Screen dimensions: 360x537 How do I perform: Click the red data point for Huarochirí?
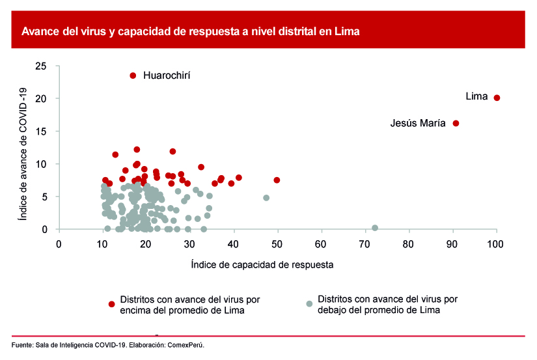click(x=133, y=76)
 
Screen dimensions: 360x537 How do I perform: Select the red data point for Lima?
click(x=497, y=98)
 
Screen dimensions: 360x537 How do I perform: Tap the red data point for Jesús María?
click(x=456, y=123)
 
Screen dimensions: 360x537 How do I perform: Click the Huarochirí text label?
click(x=167, y=76)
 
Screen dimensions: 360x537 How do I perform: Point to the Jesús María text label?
click(x=418, y=122)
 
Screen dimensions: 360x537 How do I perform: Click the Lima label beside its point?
click(x=476, y=96)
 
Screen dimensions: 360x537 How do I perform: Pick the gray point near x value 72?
click(x=375, y=228)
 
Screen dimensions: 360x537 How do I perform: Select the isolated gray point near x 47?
click(x=266, y=198)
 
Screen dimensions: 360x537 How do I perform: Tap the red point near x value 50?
click(x=277, y=180)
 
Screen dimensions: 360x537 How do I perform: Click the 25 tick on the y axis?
click(x=41, y=66)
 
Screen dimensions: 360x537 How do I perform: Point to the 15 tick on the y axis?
click(x=41, y=132)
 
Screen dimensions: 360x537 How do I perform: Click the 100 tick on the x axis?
click(x=496, y=244)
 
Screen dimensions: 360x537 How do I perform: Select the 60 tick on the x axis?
click(x=321, y=244)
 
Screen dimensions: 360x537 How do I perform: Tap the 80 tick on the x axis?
click(x=408, y=244)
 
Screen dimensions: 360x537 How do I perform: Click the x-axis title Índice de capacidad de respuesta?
click(x=262, y=265)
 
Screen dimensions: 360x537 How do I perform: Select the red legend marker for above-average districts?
click(x=112, y=304)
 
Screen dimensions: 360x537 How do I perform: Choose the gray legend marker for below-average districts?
click(x=309, y=303)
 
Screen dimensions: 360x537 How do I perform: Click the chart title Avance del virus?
click(x=191, y=31)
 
